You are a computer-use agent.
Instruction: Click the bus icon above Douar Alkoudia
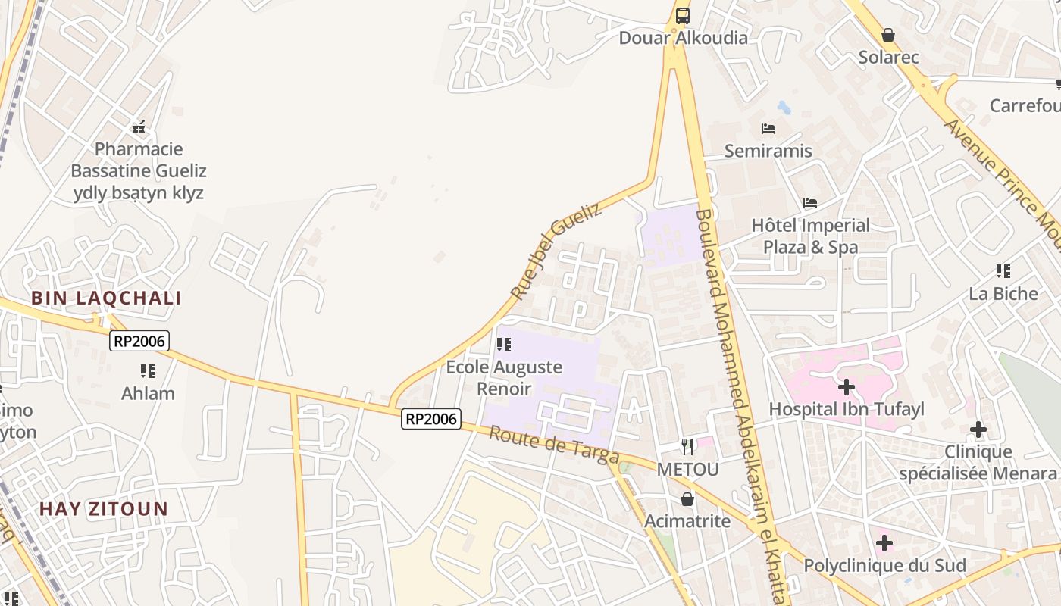coord(683,15)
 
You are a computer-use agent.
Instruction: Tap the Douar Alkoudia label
coord(683,38)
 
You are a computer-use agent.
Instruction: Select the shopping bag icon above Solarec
coord(888,35)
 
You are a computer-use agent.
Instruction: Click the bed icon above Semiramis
coord(768,129)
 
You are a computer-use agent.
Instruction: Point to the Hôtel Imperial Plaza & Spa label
coord(810,236)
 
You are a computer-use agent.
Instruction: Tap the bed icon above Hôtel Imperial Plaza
coord(810,203)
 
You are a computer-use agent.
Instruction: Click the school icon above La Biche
coord(1003,271)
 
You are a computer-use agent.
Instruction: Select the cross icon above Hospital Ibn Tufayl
coord(847,388)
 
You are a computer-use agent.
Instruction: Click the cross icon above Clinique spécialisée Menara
coord(978,430)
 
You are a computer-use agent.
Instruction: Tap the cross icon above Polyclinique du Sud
coord(884,543)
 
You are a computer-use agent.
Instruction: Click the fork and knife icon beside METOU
coord(687,447)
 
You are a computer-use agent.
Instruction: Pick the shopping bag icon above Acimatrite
coord(687,499)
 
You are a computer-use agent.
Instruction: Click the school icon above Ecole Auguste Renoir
coord(504,345)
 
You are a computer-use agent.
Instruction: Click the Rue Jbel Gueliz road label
coord(556,250)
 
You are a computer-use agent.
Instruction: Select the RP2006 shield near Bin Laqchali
coord(139,341)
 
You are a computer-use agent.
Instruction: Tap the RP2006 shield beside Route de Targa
coord(431,418)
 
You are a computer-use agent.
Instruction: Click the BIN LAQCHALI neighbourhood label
coord(106,298)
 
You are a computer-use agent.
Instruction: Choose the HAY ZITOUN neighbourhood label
coord(104,508)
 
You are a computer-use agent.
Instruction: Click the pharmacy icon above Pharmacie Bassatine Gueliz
coord(139,127)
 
